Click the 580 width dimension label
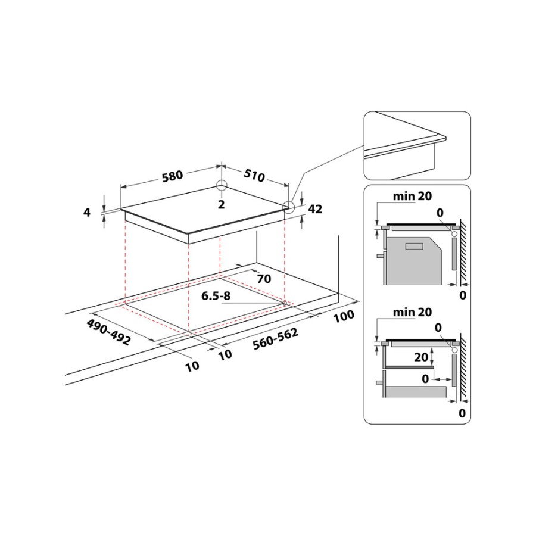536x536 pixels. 172,176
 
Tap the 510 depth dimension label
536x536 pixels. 254,175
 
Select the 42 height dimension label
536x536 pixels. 315,209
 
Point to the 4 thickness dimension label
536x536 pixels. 87,212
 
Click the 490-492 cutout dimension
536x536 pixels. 108,332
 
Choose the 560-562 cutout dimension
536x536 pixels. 276,339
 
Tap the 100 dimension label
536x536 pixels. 344,316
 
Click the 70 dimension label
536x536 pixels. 264,279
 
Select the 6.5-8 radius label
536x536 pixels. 216,295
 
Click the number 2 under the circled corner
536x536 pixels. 221,204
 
